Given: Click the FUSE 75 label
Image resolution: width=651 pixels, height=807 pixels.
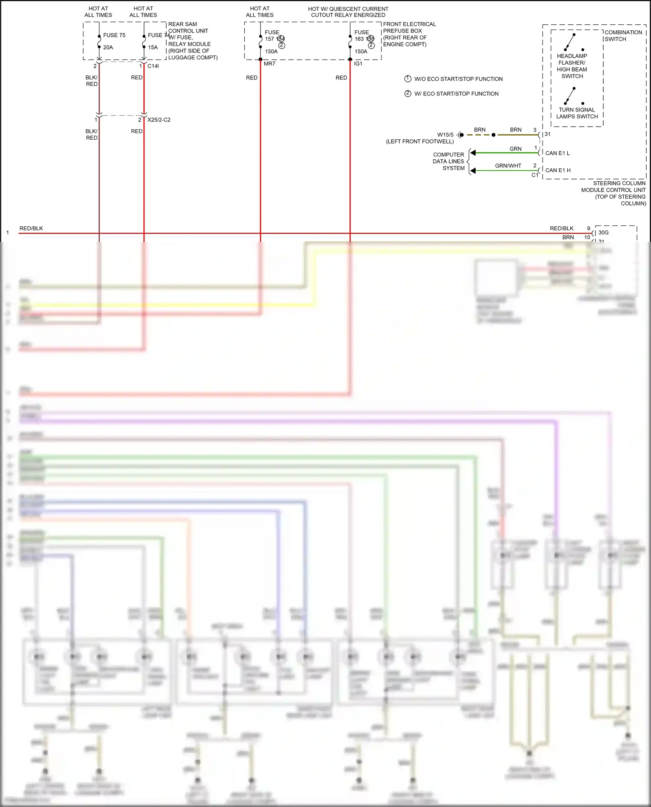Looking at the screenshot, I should click(114, 35).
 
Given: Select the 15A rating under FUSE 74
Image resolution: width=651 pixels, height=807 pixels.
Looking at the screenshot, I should click(153, 47).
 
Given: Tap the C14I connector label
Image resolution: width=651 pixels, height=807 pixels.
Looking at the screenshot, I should click(153, 66).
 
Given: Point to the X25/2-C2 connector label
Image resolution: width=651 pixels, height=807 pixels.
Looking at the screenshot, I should click(159, 120).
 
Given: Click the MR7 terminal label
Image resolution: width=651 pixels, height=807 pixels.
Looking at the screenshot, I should click(270, 64).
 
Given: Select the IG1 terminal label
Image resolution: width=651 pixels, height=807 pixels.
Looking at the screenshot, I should click(358, 64).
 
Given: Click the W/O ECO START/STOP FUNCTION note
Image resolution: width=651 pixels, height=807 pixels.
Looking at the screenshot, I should click(458, 79).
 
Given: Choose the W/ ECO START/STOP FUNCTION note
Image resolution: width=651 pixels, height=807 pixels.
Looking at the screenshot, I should click(456, 94).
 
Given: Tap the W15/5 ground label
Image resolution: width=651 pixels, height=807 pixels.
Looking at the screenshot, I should click(445, 135).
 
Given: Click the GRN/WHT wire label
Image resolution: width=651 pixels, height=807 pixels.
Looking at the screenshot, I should click(508, 166).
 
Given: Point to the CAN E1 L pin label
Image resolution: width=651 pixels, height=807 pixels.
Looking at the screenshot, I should click(557, 153).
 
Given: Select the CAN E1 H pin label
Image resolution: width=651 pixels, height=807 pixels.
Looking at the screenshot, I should click(558, 170).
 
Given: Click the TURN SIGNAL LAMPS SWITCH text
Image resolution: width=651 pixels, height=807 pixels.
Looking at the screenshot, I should click(577, 113).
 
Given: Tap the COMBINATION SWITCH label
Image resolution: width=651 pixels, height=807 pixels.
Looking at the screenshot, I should click(623, 36).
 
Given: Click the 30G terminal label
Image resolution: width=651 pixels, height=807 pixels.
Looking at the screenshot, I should click(603, 232).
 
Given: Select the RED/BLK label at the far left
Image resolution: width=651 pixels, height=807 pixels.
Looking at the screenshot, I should click(31, 229).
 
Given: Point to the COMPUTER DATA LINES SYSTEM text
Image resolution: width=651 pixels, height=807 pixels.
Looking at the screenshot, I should click(449, 161).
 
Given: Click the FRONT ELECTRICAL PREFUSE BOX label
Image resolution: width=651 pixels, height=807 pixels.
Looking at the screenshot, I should click(409, 27).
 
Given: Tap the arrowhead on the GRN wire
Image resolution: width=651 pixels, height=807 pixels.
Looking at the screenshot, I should click(473, 153).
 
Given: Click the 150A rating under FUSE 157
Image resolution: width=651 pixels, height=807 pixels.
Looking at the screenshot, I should click(271, 52).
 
